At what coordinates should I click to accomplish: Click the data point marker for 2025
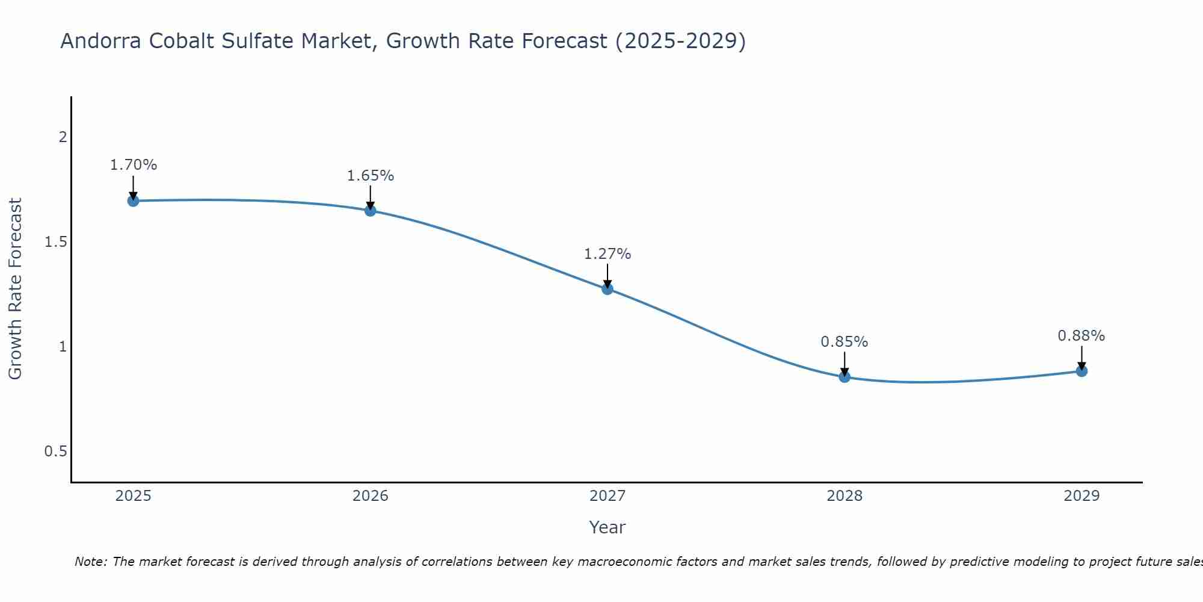tap(133, 200)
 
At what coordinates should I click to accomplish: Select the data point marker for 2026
tap(370, 211)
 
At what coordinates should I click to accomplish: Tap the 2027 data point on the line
tap(607, 289)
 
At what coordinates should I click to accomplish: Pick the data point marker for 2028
tap(844, 377)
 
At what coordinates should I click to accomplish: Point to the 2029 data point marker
tap(1081, 371)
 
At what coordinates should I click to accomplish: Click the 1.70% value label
tap(133, 165)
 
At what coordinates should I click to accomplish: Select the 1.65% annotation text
tap(370, 176)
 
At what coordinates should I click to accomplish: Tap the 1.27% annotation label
tap(607, 254)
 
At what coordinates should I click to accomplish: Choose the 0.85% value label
tap(844, 342)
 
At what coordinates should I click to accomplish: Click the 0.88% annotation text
tap(1081, 336)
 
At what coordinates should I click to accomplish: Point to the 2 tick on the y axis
tap(62, 137)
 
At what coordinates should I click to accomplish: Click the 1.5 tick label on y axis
tap(55, 242)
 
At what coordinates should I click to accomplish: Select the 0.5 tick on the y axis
tap(55, 451)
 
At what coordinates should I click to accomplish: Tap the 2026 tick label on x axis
tap(370, 496)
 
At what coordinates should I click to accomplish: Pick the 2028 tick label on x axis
tap(844, 496)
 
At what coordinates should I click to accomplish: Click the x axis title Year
tap(607, 527)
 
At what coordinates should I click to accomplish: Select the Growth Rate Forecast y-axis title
tap(15, 289)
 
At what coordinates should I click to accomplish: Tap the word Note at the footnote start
tap(90, 562)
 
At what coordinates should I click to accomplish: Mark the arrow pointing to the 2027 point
tap(607, 276)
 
